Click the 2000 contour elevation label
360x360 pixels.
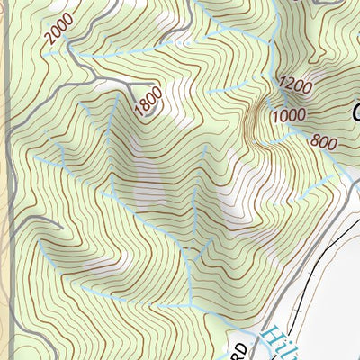point(57,31)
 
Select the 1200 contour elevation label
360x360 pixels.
point(296,86)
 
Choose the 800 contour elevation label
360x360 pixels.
point(323,141)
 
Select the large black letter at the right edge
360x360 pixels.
point(354,114)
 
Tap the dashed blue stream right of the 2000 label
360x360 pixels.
point(99,54)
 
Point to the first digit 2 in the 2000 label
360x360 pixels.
point(47,41)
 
